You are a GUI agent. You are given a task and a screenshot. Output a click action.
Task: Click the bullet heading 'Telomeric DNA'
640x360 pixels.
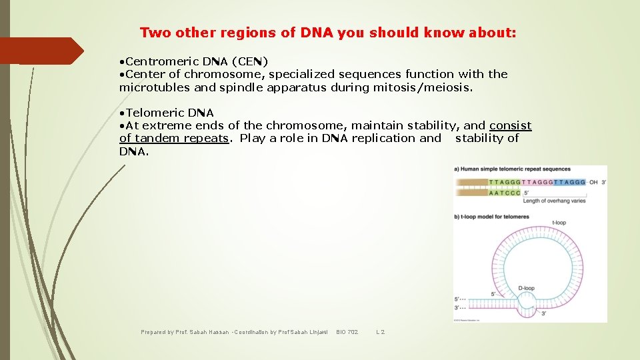coord(169,113)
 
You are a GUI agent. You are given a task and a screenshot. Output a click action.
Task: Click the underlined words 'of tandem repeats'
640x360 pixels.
coord(174,138)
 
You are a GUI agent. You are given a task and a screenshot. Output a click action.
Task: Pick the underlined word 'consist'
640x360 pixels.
coord(510,125)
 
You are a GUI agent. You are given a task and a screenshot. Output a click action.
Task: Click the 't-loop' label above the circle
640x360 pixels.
coord(559,223)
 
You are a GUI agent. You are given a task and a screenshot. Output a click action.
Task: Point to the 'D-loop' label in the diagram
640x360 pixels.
coord(526,288)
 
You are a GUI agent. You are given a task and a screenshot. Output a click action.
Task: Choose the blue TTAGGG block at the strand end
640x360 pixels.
coord(569,182)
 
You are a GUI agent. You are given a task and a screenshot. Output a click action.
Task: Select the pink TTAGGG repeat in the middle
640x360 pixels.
coord(537,182)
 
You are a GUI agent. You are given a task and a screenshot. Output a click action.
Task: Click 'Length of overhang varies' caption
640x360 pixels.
coord(554,201)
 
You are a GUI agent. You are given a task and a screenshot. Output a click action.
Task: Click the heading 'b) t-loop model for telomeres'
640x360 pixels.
coord(491,216)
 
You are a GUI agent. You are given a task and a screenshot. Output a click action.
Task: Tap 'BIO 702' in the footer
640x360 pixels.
coord(347,331)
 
